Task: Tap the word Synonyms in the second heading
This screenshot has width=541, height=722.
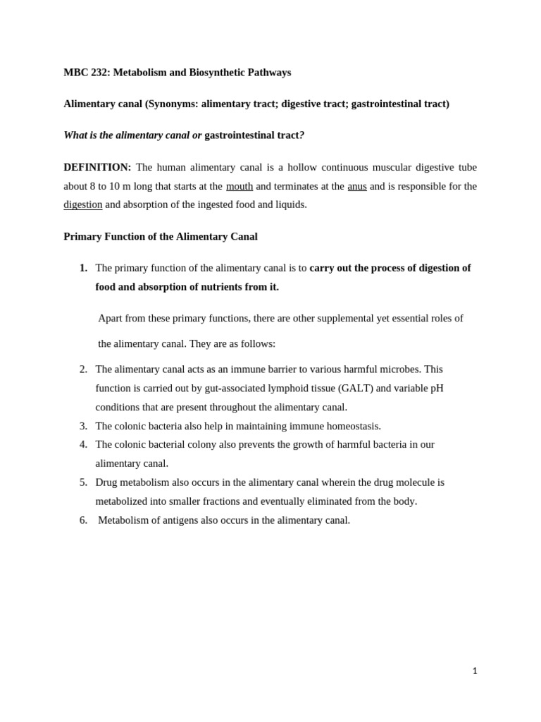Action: [173, 104]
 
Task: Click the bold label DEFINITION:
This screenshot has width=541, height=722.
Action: [97, 167]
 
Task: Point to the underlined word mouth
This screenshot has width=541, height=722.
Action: [240, 186]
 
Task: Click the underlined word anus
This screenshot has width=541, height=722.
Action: [357, 186]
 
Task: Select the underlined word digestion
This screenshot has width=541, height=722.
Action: [83, 204]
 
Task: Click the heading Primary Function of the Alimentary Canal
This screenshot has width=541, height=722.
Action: [161, 237]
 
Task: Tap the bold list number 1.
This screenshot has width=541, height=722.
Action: [83, 268]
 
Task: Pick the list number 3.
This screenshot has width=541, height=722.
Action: [83, 426]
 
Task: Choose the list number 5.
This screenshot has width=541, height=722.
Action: [83, 482]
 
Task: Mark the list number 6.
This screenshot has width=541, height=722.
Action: [83, 520]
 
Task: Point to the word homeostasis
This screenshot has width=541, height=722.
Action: [351, 426]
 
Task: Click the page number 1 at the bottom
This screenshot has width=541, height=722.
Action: [475, 671]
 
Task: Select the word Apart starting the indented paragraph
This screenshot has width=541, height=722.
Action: [111, 318]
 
